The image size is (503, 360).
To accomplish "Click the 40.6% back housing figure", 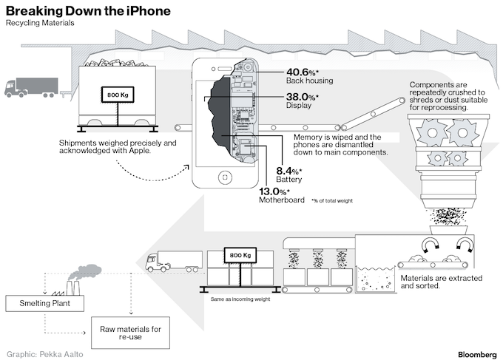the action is click(303, 72).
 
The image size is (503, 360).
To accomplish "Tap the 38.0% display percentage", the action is click(303, 97).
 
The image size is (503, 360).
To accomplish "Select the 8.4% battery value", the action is click(289, 171).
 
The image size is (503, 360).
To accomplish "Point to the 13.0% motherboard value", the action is click(274, 191).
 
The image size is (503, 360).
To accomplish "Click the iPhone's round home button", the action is click(225, 177).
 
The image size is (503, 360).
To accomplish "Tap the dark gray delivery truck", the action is click(31, 87).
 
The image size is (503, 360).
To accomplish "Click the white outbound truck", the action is click(174, 261).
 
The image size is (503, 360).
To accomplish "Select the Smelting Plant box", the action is click(45, 303).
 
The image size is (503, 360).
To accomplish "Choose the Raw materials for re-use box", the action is click(131, 333).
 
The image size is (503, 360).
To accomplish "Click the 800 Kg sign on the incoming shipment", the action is click(118, 95).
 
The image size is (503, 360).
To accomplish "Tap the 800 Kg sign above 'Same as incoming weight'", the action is click(240, 255).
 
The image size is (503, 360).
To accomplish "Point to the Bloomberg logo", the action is click(477, 355).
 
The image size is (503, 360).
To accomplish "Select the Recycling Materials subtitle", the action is click(40, 23).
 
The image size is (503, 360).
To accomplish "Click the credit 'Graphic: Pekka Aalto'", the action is click(45, 354).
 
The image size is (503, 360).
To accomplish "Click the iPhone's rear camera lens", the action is click(248, 68).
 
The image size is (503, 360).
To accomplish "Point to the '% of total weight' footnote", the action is click(332, 200).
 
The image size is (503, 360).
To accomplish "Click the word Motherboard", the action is click(282, 200).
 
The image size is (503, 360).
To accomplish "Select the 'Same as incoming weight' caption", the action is click(240, 299).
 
